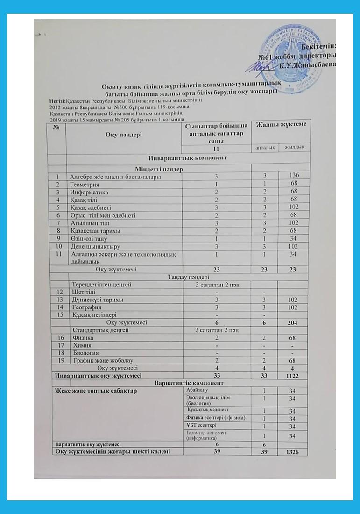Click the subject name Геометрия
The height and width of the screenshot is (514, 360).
point(84,184)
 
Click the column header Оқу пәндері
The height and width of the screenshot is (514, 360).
point(122,135)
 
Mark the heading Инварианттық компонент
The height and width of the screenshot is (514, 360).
point(188,158)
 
